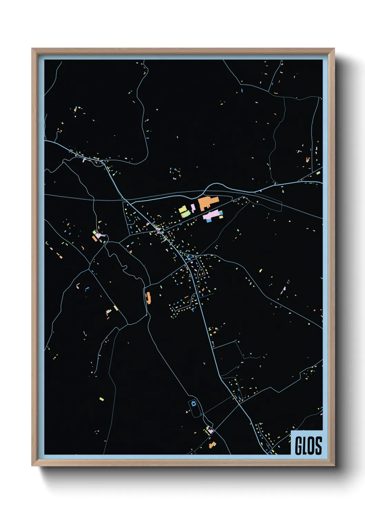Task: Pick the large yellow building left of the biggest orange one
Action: click(x=182, y=210)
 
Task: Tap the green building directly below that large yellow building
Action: click(x=186, y=214)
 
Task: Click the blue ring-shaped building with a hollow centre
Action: click(x=194, y=403)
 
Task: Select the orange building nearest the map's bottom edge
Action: click(x=212, y=445)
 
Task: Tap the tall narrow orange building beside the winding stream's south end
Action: click(x=149, y=298)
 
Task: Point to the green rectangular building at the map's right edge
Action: click(x=318, y=173)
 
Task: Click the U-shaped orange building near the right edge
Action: click(x=308, y=160)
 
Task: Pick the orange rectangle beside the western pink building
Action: click(x=94, y=238)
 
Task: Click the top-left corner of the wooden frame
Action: click(x=32, y=49)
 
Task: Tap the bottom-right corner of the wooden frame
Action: click(x=334, y=466)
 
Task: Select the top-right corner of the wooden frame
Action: click(x=334, y=49)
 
